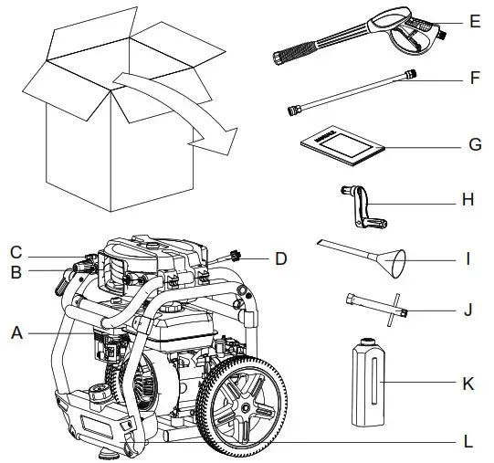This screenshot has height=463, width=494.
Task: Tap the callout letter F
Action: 474,79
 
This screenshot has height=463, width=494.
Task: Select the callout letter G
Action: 474,144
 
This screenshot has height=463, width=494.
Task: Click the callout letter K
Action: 468,383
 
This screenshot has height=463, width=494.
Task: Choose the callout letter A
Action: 16,334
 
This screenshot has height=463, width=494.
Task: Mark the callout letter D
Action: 281,259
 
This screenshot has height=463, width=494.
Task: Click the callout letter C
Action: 16,252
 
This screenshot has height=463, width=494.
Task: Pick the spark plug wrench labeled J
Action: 380,309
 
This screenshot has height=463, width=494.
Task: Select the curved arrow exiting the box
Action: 173,105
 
